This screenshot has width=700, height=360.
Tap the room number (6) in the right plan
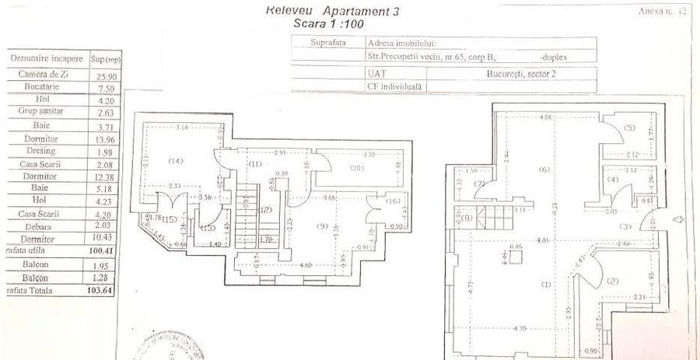point(544,170)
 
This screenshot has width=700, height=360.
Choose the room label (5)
point(629,128)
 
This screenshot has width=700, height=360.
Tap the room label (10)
point(357,167)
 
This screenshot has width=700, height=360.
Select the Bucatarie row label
point(42,89)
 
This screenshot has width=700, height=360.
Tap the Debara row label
point(42,225)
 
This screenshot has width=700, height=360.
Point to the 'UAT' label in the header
point(377,72)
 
